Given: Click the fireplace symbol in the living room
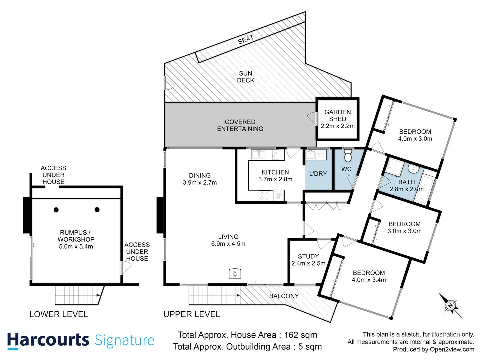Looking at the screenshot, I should point(235,274).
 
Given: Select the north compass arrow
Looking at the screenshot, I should point(450,305).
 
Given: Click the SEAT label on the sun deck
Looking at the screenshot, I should point(246,40).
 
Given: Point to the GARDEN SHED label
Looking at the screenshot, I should point(337,115).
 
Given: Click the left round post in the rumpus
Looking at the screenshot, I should point(56,210).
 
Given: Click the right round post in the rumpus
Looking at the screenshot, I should point(97,210).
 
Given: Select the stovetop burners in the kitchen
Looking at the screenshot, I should point(264,196).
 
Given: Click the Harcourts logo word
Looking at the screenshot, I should point(48,340).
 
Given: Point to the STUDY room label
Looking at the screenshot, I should point(308,256).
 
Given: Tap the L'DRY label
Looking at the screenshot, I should point(318,174).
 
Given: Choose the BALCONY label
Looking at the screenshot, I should point(284,296).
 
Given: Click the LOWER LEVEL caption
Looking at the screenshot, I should point(59,314).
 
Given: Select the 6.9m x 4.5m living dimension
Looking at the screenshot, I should point(228,244).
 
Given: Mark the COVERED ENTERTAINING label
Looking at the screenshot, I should point(240,125).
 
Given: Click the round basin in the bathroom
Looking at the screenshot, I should point(413,170).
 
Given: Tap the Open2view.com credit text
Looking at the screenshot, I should point(452,349).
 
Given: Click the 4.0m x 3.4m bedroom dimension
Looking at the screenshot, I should point(369,280).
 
